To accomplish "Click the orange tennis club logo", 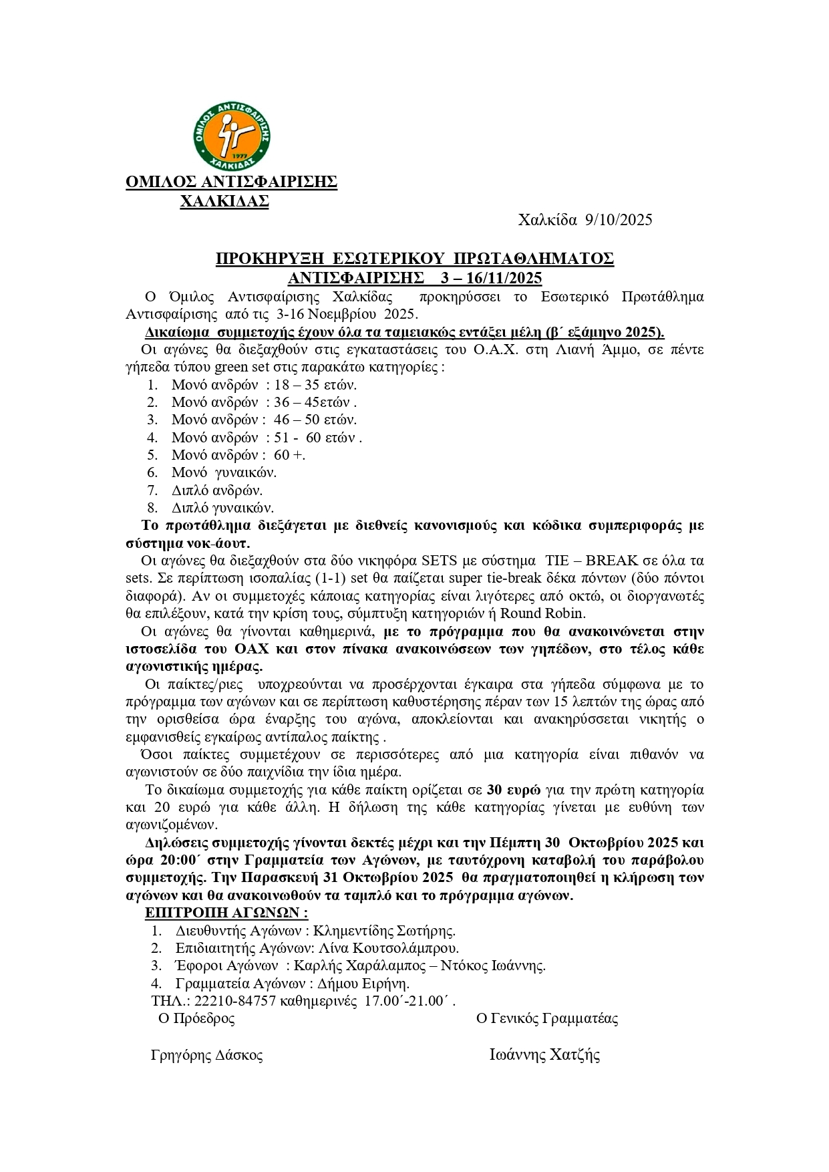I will coord(231,136).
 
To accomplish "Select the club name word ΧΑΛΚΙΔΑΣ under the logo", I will coord(225,200).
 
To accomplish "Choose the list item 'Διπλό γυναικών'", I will coord(222,507).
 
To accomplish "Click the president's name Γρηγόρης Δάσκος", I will coord(207,1055).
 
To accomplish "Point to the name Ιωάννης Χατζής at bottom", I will coord(544,1055).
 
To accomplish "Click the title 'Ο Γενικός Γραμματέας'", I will coord(547,1018).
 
